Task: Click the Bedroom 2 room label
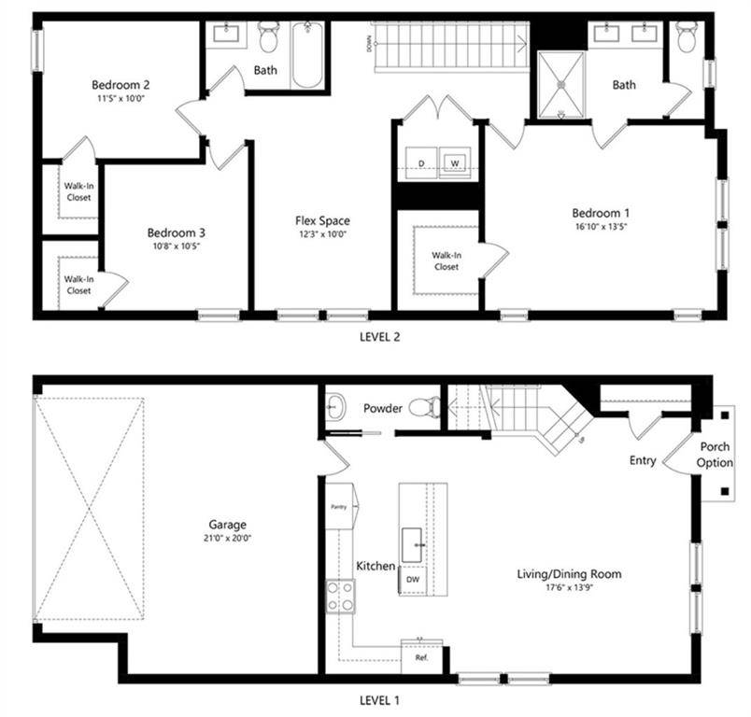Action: (121, 84)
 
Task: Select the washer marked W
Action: (456, 163)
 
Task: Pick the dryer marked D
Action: (422, 163)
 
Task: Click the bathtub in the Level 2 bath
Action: (307, 54)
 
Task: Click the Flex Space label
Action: (322, 221)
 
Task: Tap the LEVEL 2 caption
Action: (380, 338)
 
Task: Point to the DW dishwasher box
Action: (412, 579)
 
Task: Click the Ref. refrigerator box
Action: (420, 656)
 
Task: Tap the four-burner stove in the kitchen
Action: (340, 596)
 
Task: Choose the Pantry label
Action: (339, 507)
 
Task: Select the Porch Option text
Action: (715, 455)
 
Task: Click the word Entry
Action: (643, 461)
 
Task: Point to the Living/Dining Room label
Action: (569, 574)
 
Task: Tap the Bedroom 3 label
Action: (176, 232)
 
